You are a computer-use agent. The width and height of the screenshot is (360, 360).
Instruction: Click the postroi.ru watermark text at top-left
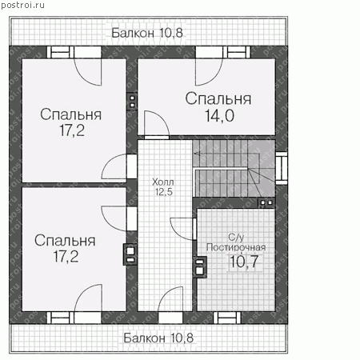click(22, 5)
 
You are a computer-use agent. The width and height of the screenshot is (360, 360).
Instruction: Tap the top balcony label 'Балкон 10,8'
click(147, 33)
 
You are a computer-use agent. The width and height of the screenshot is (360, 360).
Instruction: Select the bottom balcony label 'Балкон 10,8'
click(158, 338)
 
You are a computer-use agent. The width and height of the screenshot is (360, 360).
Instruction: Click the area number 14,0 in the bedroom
click(219, 115)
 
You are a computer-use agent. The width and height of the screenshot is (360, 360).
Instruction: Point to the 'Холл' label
click(163, 182)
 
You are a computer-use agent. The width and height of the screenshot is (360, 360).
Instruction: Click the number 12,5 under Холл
click(164, 192)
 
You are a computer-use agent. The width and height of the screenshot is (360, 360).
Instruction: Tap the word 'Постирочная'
click(236, 247)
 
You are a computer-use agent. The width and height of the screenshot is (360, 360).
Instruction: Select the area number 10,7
click(244, 262)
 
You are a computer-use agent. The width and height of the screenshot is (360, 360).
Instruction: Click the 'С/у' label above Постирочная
click(236, 237)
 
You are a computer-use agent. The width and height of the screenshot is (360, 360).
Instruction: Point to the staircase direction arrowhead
click(197, 154)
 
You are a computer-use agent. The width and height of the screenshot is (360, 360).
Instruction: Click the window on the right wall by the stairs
click(281, 168)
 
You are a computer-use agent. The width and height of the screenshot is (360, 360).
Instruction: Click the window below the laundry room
click(227, 318)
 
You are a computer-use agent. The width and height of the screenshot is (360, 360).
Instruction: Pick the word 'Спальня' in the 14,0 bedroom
click(218, 98)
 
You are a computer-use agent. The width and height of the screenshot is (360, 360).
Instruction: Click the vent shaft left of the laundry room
click(200, 267)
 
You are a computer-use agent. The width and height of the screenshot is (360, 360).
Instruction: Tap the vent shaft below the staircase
click(266, 202)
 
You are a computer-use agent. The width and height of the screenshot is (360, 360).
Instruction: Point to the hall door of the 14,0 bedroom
click(157, 124)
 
